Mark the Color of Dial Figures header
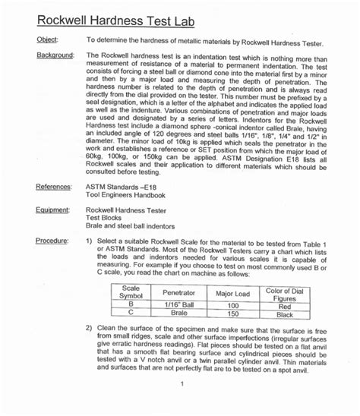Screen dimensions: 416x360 click(x=283, y=293)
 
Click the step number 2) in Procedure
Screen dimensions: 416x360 click(x=90, y=327)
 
